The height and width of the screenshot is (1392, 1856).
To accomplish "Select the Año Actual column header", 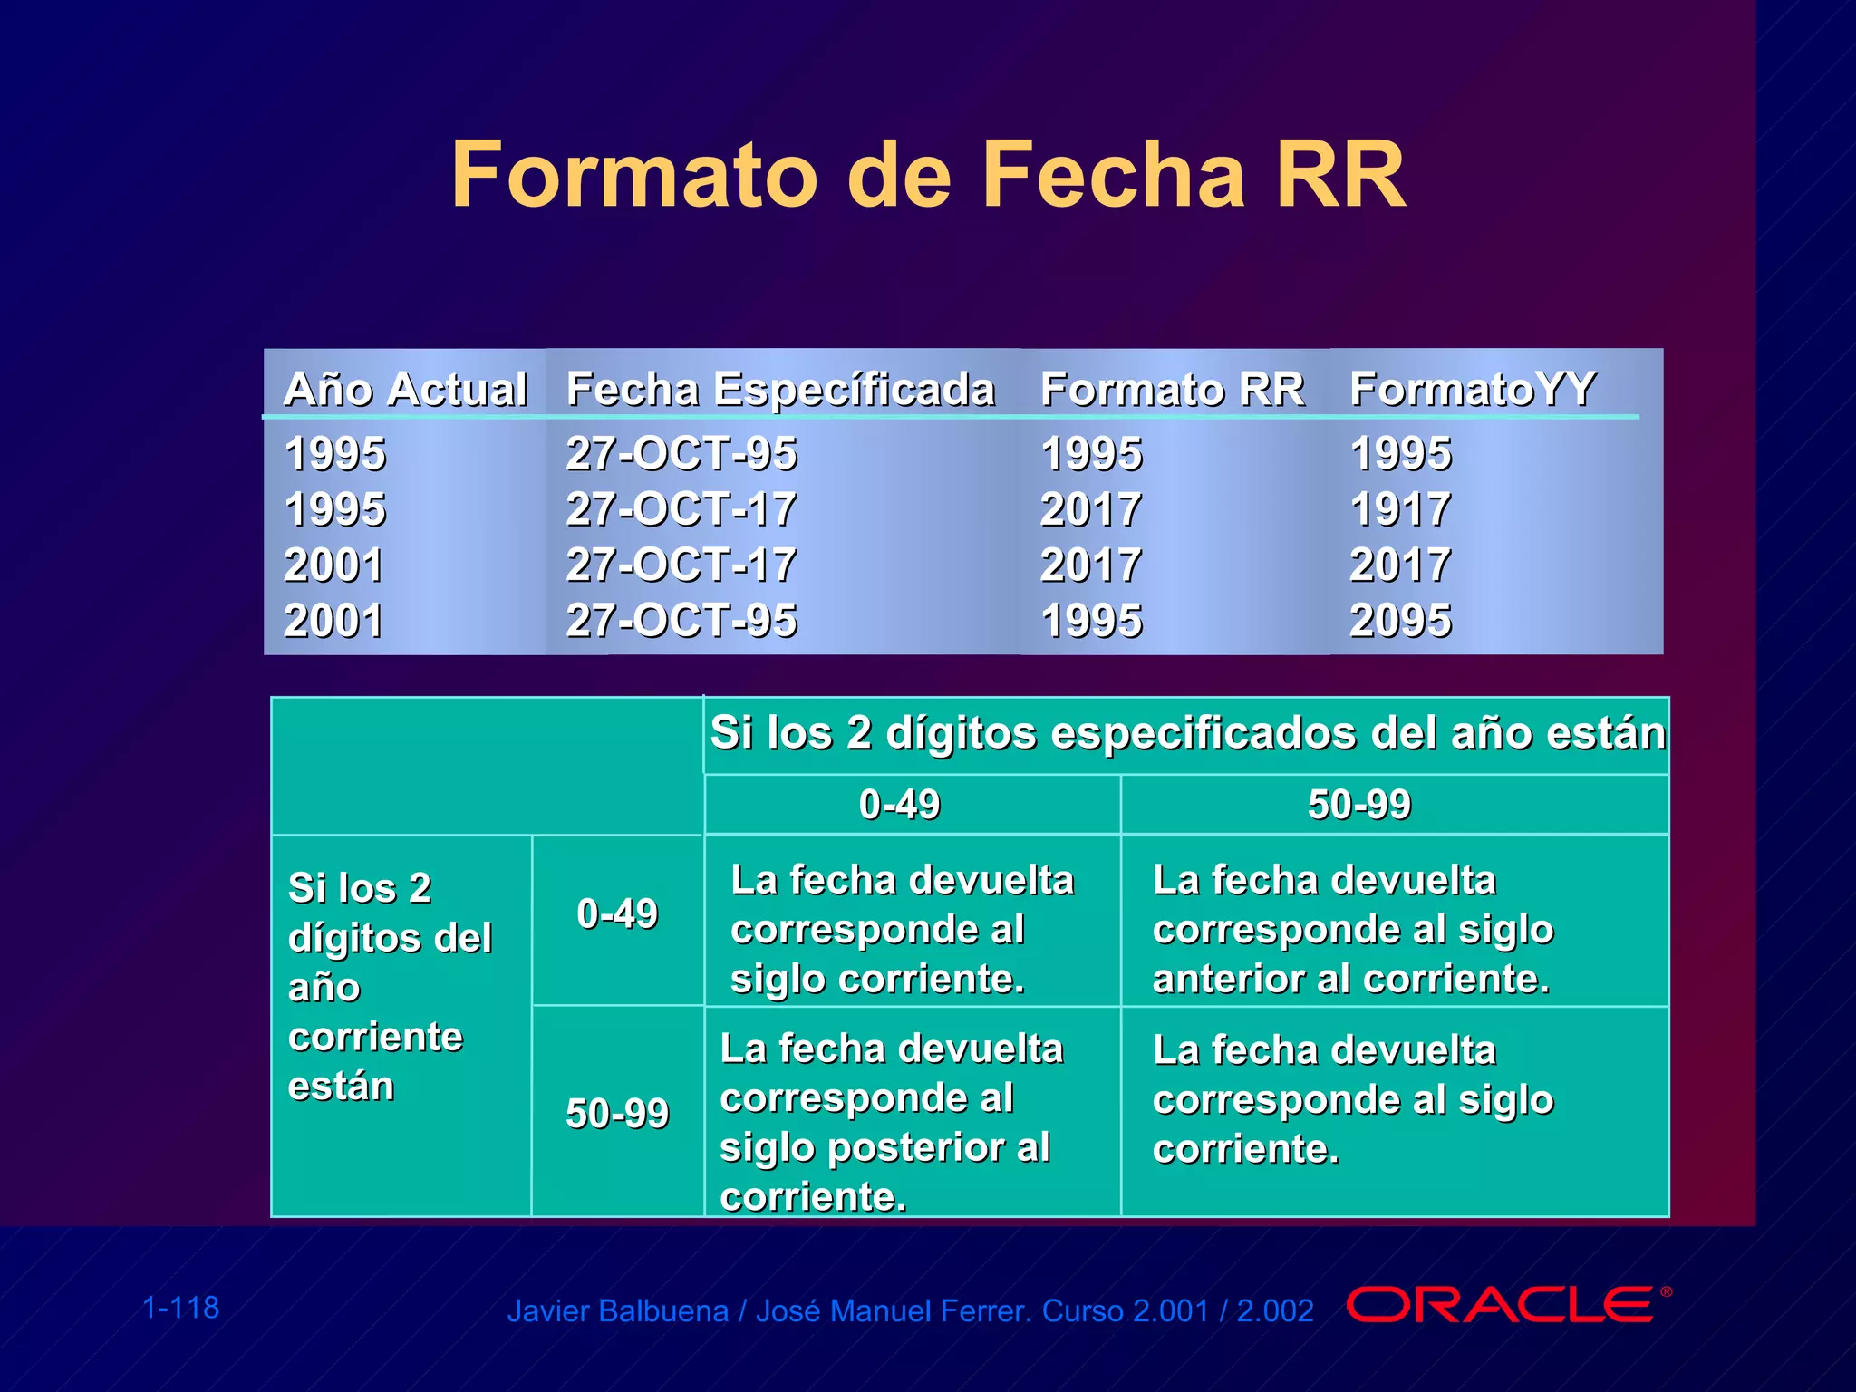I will coord(405,390).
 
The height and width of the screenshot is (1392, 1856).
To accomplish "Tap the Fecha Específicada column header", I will coord(780,390).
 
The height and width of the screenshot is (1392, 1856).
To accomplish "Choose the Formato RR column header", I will coord(1172,390).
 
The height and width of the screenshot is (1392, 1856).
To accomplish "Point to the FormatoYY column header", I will coord(1473,390).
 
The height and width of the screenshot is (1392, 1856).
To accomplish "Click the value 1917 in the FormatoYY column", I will coord(1400,509).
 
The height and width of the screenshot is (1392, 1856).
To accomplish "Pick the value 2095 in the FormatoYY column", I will coord(1400,621).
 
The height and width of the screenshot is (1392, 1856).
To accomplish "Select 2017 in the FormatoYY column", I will coord(1400,565).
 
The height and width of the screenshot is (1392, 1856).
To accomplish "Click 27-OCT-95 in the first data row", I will coord(681,453).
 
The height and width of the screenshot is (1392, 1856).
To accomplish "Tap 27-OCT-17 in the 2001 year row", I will coord(681,565).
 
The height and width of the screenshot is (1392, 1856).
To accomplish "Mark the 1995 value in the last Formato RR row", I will coord(1091,621).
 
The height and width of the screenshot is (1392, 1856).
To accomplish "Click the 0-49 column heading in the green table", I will coord(900,805).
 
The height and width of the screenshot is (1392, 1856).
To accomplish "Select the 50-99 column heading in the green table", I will coord(1359,805).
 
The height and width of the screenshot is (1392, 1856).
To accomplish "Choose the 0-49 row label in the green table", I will coord(617,913).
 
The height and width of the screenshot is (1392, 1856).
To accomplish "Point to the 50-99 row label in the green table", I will coord(617,1113).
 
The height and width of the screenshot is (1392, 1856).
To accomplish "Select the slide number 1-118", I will coord(181,1308).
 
